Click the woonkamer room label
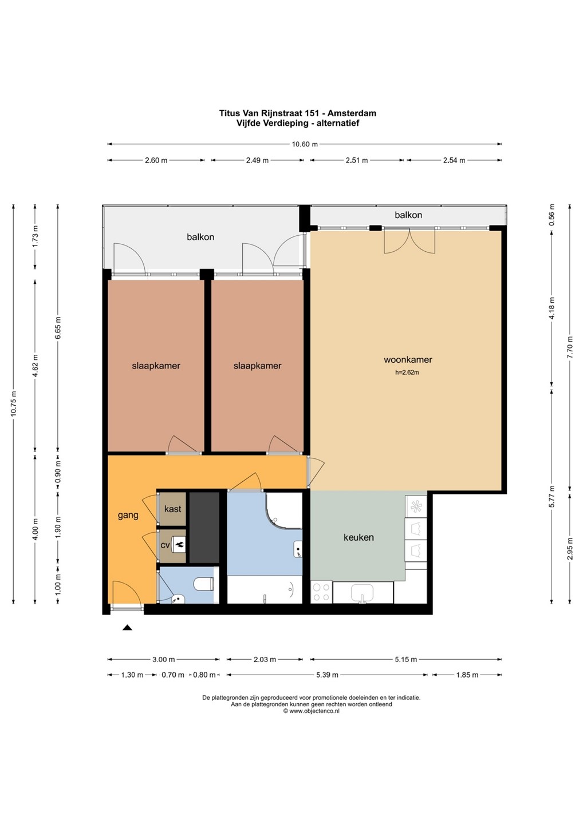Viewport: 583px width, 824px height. click(408, 360)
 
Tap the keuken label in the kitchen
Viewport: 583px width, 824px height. click(359, 537)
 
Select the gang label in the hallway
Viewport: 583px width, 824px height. click(128, 516)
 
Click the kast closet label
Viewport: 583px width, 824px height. click(172, 509)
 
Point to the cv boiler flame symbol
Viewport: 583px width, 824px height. click(179, 545)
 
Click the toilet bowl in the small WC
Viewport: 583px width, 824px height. click(204, 584)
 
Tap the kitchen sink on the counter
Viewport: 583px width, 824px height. click(362, 592)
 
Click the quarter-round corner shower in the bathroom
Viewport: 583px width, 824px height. click(284, 510)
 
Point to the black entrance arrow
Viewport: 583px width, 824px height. click(127, 628)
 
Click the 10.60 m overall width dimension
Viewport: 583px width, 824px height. click(304, 144)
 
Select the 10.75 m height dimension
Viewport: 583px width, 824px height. click(14, 404)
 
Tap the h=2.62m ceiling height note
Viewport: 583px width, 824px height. click(407, 373)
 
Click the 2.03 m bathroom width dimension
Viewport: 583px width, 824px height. click(265, 660)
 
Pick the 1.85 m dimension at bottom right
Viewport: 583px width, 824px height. click(467, 675)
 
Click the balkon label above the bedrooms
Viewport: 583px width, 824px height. click(200, 237)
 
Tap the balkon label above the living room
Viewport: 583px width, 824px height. click(408, 215)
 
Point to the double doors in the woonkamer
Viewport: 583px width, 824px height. click(409, 241)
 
